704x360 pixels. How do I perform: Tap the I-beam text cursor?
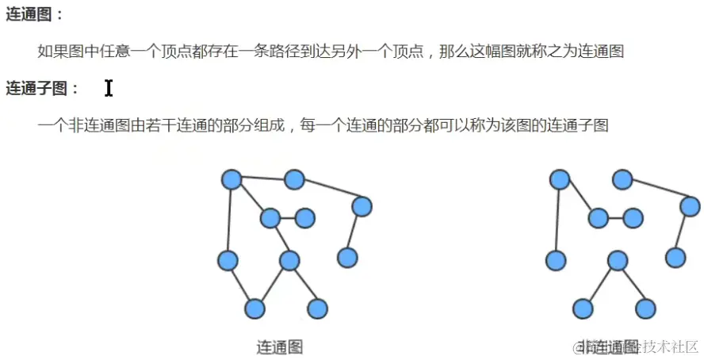[109, 88]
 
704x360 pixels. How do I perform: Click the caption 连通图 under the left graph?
[280, 347]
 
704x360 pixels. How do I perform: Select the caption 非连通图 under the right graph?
[608, 347]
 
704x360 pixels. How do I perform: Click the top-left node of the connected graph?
[231, 180]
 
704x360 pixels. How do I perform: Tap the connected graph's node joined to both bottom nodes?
[289, 260]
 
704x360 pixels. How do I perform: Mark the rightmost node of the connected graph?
[362, 207]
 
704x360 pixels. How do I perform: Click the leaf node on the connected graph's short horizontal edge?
[304, 217]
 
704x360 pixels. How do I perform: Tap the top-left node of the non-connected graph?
[560, 180]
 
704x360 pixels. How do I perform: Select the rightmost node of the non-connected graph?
[690, 207]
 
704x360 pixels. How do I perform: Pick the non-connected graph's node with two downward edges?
[618, 260]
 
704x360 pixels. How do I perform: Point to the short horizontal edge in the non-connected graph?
[615, 217]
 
